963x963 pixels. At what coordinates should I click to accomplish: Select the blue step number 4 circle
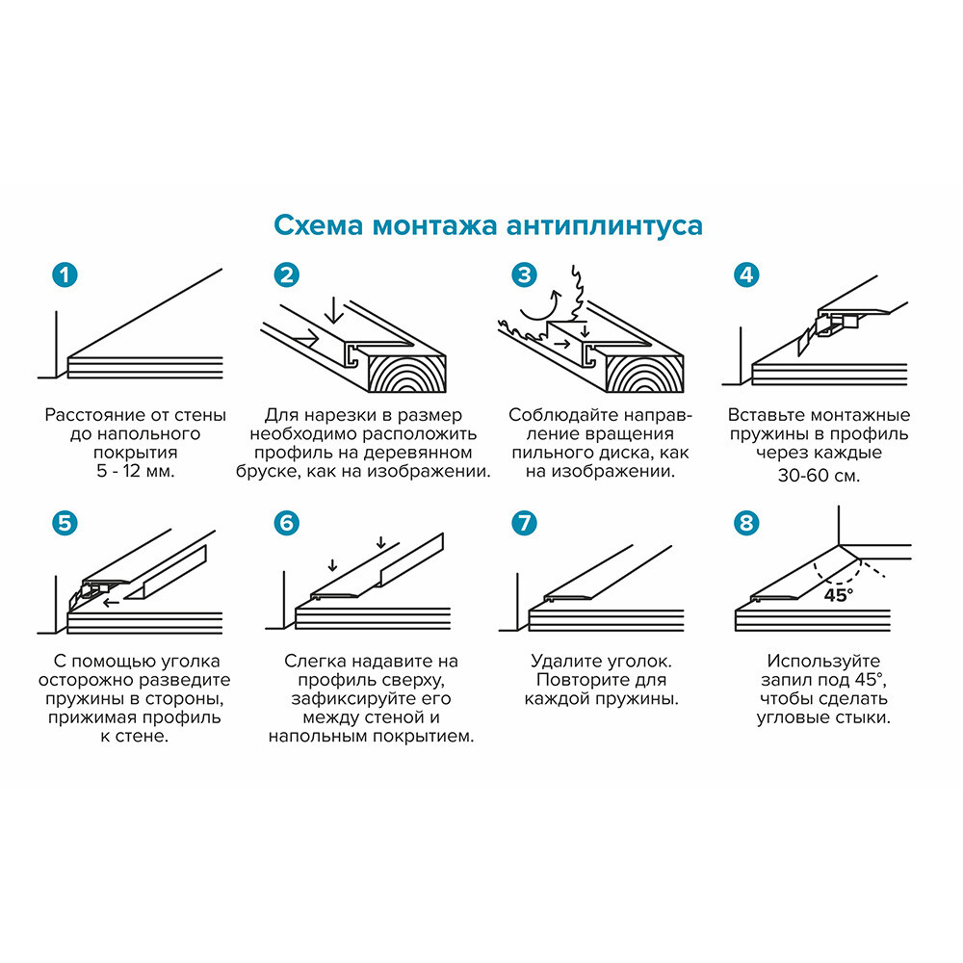click(745, 274)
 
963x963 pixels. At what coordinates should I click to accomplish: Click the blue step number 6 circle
click(286, 523)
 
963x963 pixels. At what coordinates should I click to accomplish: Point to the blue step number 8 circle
click(745, 523)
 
